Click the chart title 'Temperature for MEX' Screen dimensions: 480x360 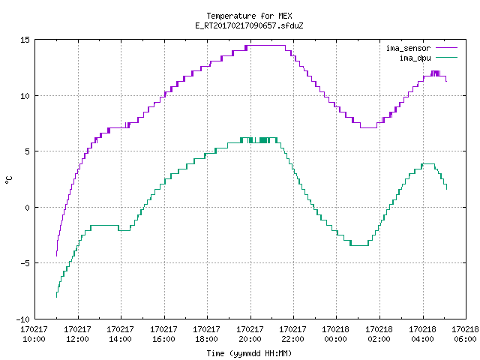click(249, 16)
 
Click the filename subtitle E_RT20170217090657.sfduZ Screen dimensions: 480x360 click(249, 25)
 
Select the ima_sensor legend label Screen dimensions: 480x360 click(408, 48)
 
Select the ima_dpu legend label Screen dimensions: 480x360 click(415, 58)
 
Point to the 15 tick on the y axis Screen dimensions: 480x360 click(25, 40)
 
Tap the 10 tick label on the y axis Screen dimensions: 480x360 click(25, 96)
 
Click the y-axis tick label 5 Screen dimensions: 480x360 click(28, 151)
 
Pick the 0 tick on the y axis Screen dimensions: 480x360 click(28, 208)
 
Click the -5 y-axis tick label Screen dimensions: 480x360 click(25, 263)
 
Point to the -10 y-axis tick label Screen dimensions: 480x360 click(23, 319)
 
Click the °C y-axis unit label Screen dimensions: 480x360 click(9, 180)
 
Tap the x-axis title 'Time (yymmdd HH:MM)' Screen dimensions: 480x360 click(249, 353)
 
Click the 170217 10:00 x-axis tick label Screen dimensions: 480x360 click(34, 334)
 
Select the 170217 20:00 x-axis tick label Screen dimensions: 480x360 click(250, 334)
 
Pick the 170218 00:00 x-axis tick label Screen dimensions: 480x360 click(335, 334)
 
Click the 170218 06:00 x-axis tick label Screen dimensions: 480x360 click(465, 334)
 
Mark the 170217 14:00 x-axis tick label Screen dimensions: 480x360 click(120, 334)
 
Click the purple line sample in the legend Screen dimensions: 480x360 click(446, 48)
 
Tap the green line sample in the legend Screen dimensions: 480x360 click(446, 58)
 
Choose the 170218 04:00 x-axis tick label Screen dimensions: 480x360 click(422, 334)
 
